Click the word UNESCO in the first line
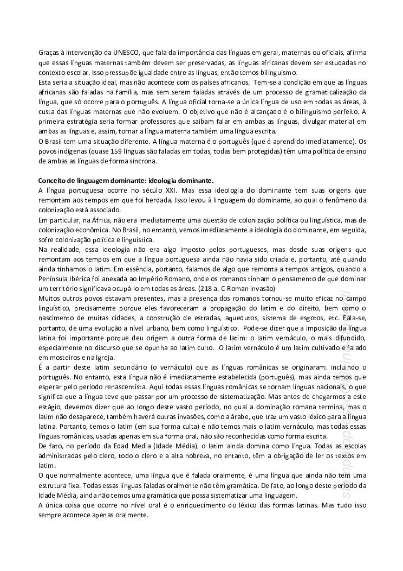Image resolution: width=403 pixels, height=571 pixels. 125,53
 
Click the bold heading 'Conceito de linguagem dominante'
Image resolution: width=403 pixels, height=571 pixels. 126,180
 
